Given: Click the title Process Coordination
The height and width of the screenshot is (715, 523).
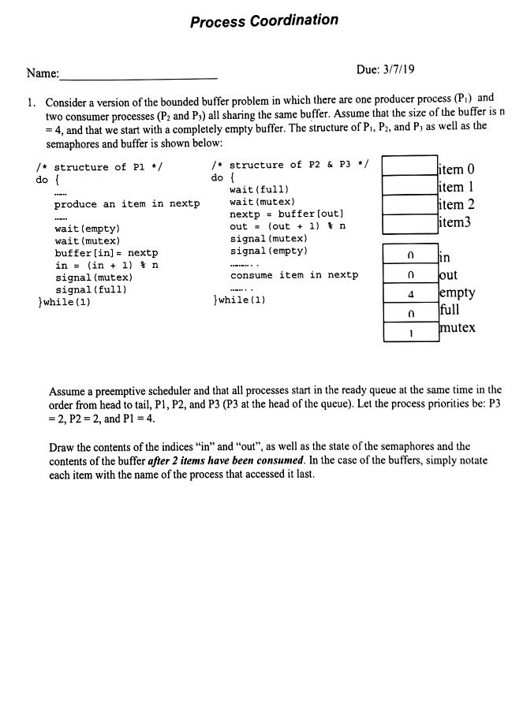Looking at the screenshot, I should [263, 20].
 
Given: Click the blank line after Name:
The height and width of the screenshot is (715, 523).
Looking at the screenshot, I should [138, 76].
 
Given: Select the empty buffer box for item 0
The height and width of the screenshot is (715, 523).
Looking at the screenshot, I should [409, 166].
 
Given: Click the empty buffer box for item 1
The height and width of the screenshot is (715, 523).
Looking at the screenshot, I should [409, 185].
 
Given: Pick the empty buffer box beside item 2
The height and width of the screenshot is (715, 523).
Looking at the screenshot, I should [409, 205].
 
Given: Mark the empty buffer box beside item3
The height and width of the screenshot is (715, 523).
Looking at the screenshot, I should [409, 224].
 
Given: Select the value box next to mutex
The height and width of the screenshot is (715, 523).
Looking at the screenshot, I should [409, 332].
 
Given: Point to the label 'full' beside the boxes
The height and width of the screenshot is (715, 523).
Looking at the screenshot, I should [450, 309].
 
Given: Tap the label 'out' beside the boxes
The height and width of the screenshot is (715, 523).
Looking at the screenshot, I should [447, 275].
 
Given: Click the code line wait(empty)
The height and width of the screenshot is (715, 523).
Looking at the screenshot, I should [87, 229].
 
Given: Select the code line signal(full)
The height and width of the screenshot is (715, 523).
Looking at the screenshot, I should [92, 289].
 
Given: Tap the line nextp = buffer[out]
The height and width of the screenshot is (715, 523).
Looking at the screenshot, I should [284, 214].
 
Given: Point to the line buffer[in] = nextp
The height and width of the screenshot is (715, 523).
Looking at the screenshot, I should [106, 253].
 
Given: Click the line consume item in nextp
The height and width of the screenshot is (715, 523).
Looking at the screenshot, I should [293, 275].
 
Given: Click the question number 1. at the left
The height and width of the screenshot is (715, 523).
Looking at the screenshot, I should [31, 103].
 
